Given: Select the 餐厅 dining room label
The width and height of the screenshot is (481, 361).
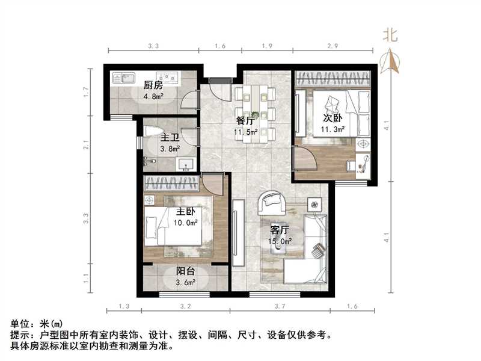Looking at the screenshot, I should coord(245,120).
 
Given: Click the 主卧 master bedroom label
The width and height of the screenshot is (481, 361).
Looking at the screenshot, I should coord(185,212).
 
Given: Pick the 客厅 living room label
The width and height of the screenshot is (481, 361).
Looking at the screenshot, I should coord(280,230).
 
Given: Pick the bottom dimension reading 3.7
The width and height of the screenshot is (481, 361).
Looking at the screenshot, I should coord(279,307).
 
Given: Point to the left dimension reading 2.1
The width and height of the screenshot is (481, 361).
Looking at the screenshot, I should coord(86,144).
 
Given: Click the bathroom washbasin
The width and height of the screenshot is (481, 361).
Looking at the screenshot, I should coord(185,164).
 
